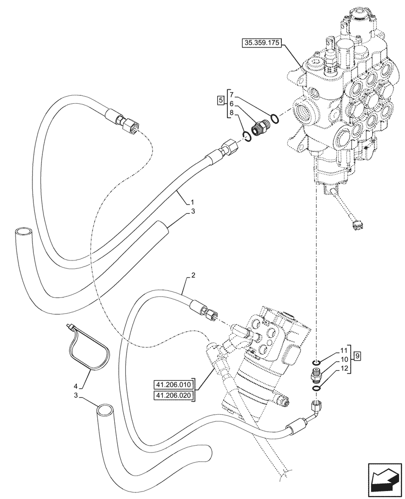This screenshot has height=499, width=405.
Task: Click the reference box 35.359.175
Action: pyautogui.click(x=261, y=44)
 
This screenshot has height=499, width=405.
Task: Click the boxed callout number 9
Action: pyautogui.click(x=357, y=356)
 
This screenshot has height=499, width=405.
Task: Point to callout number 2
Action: pyautogui.click(x=193, y=275)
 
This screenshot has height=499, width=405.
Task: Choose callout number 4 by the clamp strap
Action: pyautogui.click(x=76, y=386)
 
